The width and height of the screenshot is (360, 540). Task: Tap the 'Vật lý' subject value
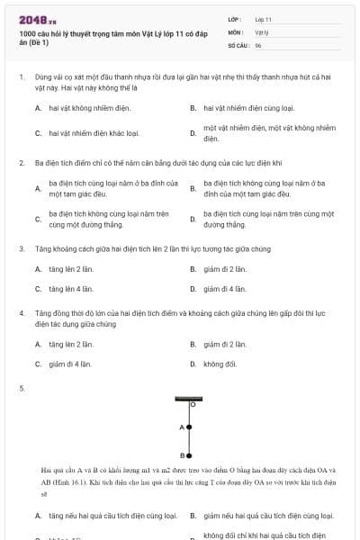(x=262, y=31)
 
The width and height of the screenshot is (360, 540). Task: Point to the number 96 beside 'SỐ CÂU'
(x=258, y=44)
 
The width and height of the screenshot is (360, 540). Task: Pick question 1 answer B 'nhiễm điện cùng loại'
(x=243, y=108)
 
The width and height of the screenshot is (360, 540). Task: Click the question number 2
(x=21, y=163)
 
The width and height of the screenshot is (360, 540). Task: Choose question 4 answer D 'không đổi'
(x=220, y=364)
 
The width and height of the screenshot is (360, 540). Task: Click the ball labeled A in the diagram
(x=188, y=427)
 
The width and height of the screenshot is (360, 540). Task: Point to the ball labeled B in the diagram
(x=188, y=454)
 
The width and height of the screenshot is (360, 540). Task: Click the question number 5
(x=21, y=388)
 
